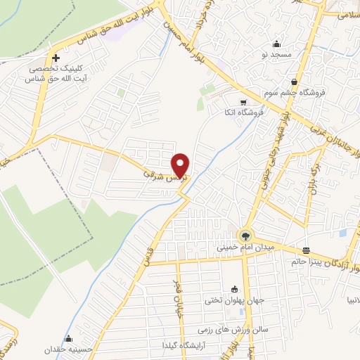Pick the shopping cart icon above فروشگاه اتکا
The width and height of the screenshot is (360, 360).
233,101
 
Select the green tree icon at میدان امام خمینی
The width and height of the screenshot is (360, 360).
245,236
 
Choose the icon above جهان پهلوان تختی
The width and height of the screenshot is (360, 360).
234,288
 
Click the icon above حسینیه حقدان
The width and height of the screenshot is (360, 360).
69,338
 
